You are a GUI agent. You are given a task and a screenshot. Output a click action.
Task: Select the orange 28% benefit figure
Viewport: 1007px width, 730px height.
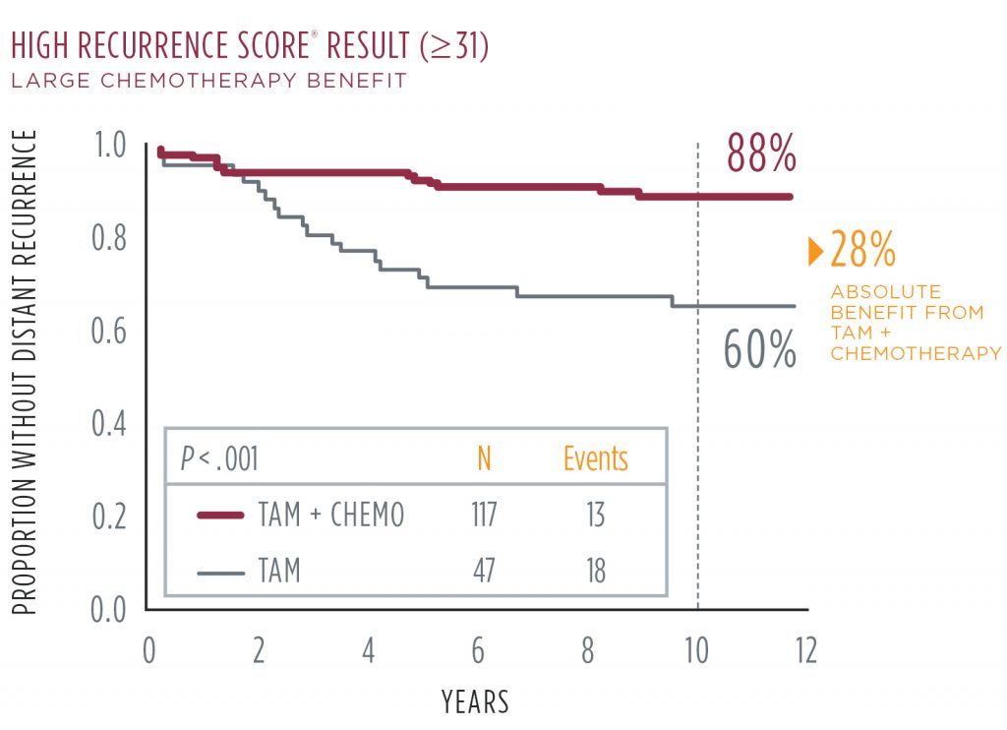(x=862, y=250)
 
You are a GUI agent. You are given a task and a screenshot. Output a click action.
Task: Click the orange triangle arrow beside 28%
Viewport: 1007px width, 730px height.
(x=815, y=251)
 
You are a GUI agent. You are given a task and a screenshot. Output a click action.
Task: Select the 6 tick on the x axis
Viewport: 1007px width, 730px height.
(x=478, y=652)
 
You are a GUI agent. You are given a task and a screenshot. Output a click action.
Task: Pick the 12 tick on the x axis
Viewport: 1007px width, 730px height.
(x=805, y=652)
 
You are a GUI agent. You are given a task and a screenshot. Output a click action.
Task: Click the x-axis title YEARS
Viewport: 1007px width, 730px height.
(x=476, y=701)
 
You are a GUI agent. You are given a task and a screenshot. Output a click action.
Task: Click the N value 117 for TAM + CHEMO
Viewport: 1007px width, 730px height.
(x=483, y=516)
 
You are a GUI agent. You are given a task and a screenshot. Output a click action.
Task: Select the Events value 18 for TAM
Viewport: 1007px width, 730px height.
(x=594, y=571)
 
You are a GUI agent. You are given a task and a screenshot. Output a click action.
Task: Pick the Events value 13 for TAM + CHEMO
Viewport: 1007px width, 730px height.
(x=594, y=516)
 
